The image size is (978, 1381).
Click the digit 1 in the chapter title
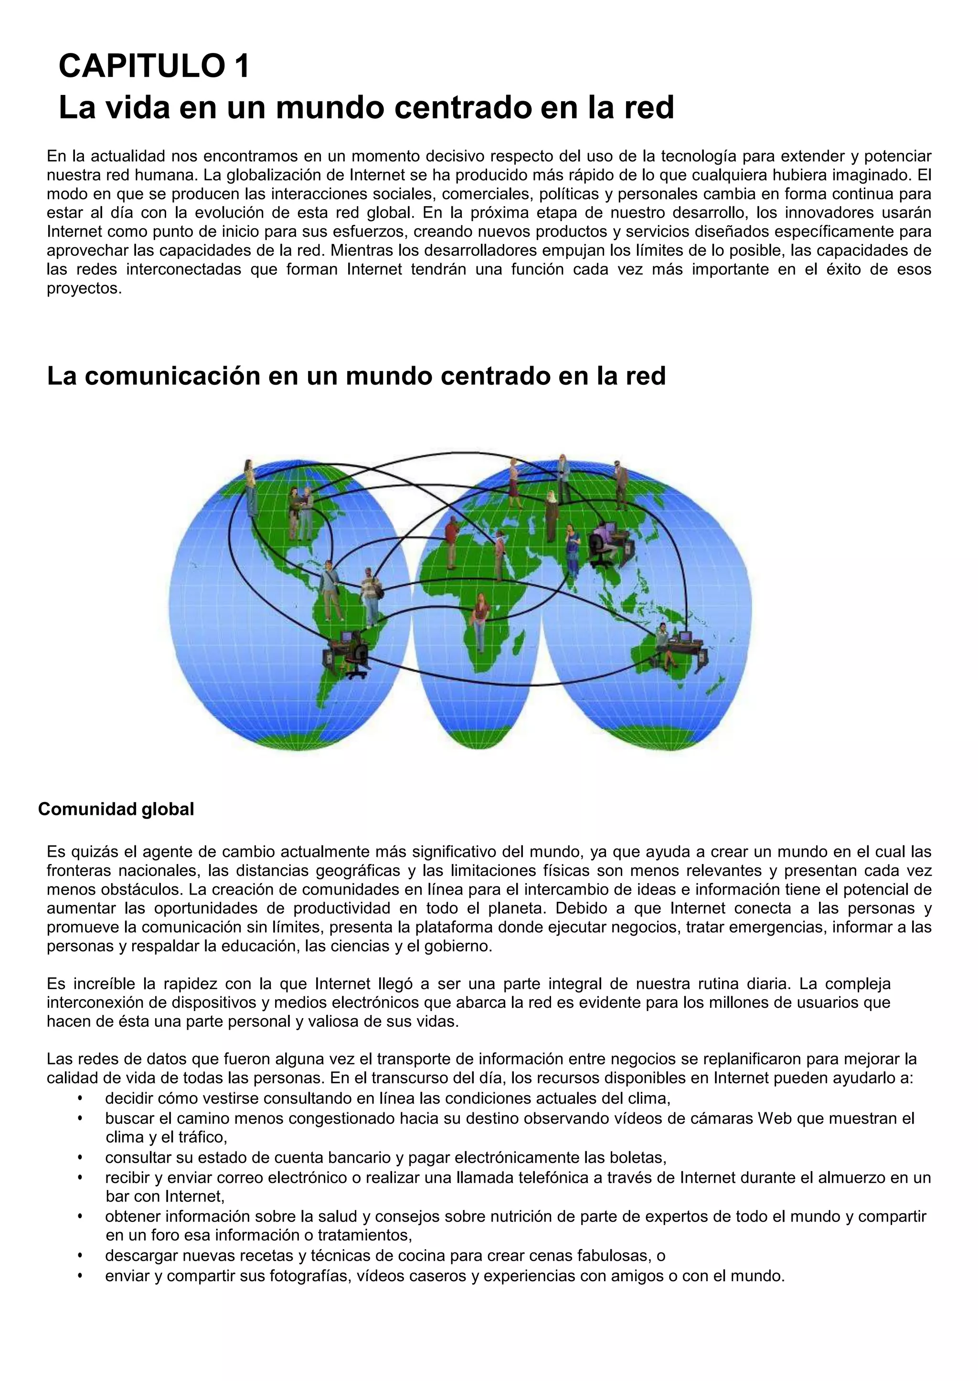[243, 66]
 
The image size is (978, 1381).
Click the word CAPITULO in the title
[141, 66]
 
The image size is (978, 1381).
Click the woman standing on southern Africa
[480, 620]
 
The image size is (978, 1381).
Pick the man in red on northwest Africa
[452, 542]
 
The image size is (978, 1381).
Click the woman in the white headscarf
[551, 515]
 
